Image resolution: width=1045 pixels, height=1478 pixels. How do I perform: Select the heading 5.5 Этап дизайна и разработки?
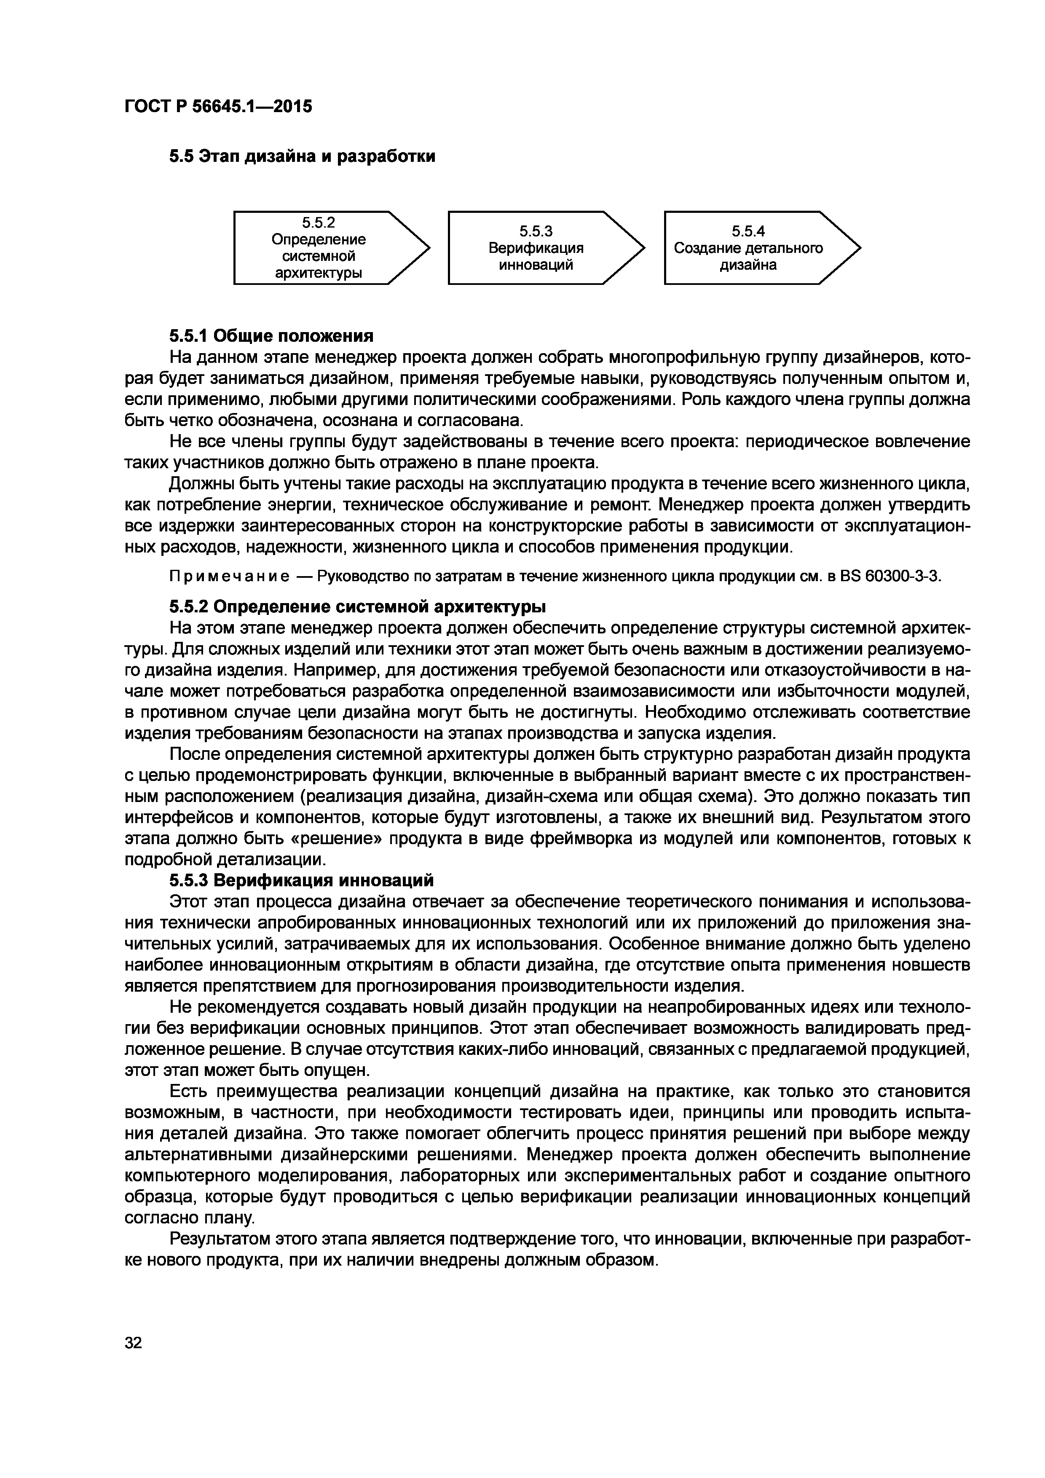[x=302, y=156]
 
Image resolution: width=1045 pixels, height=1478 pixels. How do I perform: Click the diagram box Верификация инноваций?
[x=536, y=248]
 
